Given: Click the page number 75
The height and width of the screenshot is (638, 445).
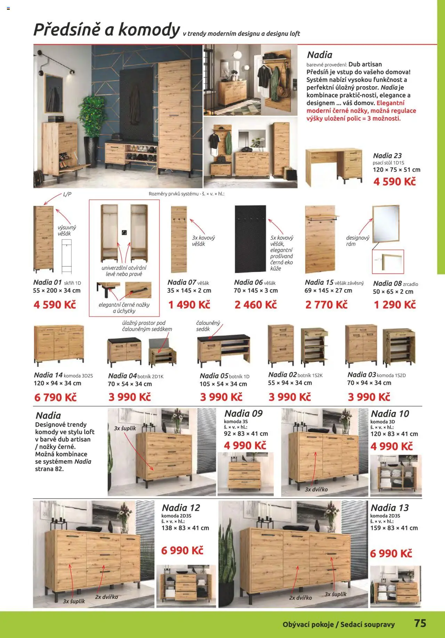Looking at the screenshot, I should click(420, 623).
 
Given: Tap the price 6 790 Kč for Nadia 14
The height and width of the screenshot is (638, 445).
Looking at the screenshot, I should click(55, 397).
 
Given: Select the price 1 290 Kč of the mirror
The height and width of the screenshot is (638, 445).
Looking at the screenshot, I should click(395, 305).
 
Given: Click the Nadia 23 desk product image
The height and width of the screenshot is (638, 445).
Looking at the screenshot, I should click(333, 166).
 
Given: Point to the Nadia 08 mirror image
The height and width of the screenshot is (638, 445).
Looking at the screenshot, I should click(386, 223).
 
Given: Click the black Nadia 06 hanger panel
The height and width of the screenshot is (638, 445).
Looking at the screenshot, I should click(250, 239).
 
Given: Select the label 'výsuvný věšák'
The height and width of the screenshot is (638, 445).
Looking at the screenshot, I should click(66, 230).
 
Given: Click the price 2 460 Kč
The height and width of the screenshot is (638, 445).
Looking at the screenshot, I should click(256, 305).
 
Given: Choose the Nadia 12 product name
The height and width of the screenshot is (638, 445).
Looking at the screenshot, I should click(181, 508).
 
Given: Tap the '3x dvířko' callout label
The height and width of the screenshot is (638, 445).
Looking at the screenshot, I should click(316, 489).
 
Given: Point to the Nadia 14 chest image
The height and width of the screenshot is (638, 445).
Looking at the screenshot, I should click(59, 343).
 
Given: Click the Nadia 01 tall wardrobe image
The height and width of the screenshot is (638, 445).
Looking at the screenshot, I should click(43, 239).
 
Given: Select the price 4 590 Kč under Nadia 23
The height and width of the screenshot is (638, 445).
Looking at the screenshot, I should click(395, 181).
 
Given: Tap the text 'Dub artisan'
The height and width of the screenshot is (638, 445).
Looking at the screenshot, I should click(365, 64).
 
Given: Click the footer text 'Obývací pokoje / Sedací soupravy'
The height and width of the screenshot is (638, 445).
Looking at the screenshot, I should click(339, 624).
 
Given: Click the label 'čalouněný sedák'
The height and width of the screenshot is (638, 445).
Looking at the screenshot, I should click(208, 326).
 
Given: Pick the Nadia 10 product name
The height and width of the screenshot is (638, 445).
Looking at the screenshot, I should click(390, 414).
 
